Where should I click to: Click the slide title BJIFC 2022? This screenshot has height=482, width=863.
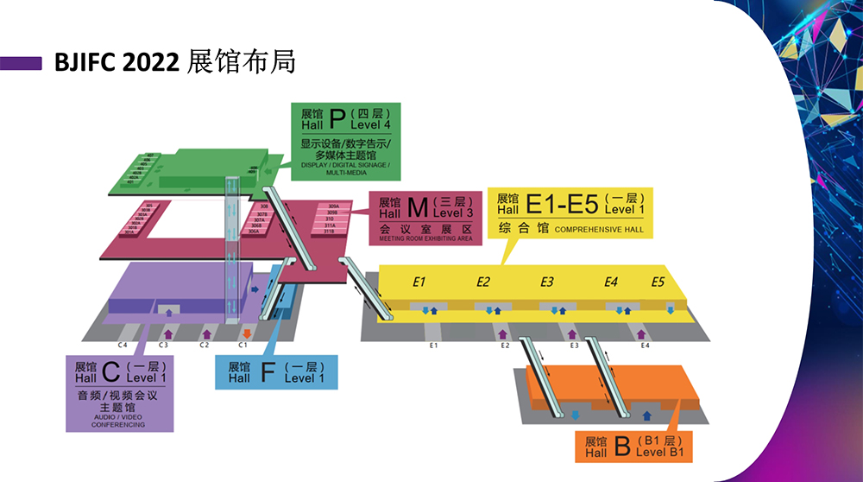pos(117,62)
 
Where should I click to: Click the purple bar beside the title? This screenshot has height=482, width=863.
pos(22,63)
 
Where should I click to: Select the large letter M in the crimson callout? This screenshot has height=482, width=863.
pos(417,207)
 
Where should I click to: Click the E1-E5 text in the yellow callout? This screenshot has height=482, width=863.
pos(562,204)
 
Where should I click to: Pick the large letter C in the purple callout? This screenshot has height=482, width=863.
pos(110,371)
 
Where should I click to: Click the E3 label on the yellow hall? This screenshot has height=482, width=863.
pos(547,282)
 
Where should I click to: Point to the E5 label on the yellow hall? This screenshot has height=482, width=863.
pos(658,282)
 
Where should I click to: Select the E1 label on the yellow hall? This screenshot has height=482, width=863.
pos(420,282)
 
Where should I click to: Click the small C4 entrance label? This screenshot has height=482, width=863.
pos(123,345)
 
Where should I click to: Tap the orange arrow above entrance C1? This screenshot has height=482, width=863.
pos(247,332)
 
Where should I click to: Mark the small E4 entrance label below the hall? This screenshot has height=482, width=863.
pos(645,346)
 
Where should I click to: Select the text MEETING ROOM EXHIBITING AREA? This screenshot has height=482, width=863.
pos(426,238)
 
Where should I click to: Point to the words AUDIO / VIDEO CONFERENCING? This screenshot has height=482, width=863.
pos(119,420)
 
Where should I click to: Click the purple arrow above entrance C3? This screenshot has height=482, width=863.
pos(167,332)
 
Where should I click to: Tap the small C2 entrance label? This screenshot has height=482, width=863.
pos(205,345)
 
